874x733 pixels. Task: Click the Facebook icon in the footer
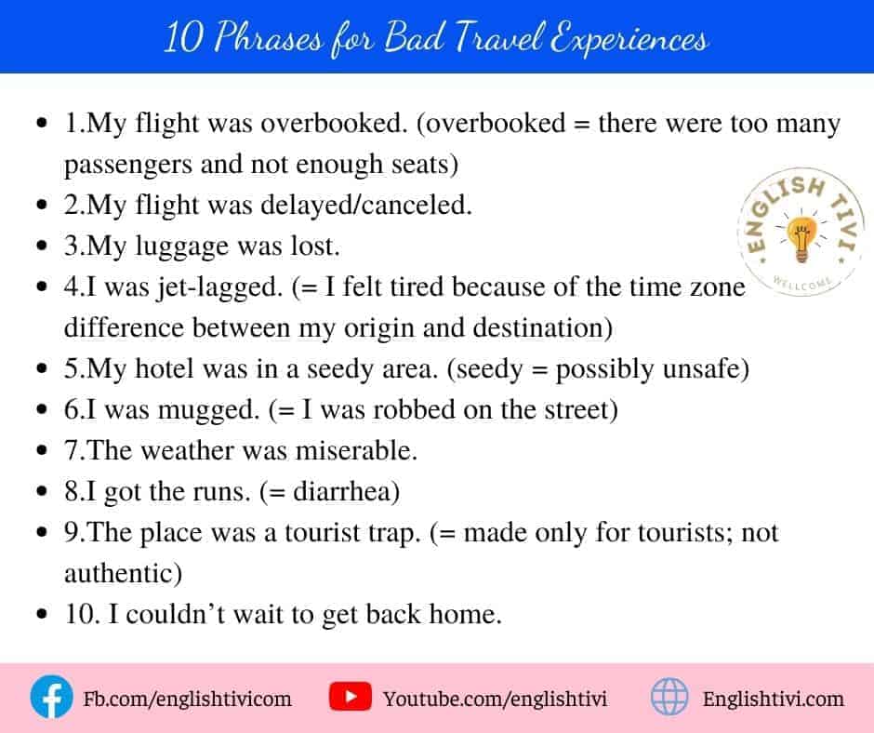coord(51,698)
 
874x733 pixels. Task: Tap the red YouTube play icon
coord(350,697)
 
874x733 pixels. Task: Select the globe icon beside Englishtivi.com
coord(669,697)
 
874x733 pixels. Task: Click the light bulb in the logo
coord(801,239)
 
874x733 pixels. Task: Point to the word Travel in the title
coord(497,38)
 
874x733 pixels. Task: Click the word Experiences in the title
coord(629,39)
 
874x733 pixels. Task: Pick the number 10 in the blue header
coord(183,38)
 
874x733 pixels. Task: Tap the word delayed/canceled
coord(366,206)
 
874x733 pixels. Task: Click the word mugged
coord(209,411)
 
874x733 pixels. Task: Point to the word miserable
coord(356,451)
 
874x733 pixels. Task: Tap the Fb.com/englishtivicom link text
coord(187,699)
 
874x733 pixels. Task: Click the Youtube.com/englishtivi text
coord(495,699)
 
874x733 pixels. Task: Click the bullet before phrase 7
coord(42,450)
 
